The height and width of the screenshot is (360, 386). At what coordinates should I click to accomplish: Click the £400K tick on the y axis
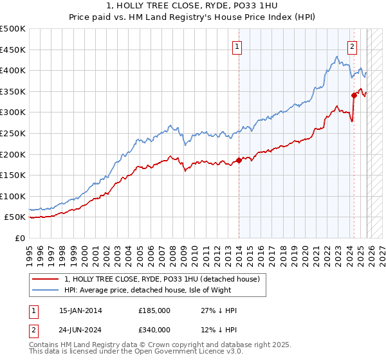tap(13, 71)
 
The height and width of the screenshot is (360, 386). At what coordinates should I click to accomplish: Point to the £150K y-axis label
tap(13, 175)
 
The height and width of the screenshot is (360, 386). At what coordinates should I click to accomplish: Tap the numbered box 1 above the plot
tap(237, 46)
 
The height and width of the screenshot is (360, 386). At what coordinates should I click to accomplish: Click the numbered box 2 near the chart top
tap(353, 46)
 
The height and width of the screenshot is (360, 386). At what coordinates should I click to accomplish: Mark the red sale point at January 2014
tap(239, 160)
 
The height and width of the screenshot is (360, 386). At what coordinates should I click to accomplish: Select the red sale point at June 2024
tap(354, 95)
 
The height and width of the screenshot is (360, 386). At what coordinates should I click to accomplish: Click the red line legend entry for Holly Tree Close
tap(161, 279)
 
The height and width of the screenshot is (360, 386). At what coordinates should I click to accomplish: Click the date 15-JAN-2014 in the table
tap(80, 310)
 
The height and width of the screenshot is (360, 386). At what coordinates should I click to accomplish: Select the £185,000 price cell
tap(154, 310)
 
